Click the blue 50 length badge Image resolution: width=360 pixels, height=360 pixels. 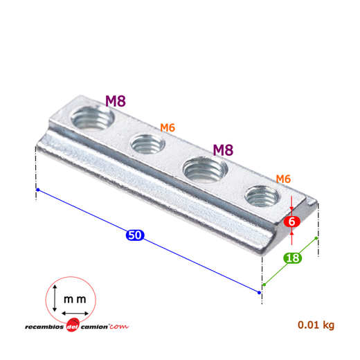coord(135,235)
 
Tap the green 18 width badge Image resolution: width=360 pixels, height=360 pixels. coord(293,258)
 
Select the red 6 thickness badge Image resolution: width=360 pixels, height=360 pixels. coord(292,222)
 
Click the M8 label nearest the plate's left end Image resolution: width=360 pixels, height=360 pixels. coord(116,101)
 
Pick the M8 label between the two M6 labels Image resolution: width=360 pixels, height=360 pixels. coord(223,150)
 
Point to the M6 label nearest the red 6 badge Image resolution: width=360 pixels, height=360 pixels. coord(283,179)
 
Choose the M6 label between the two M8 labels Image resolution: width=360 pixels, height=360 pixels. coord(168,127)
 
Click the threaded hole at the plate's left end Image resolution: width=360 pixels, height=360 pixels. coord(92,118)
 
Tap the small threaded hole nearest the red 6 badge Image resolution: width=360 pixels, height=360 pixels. coord(262,196)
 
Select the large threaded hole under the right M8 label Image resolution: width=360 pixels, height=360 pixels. coord(205,169)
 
